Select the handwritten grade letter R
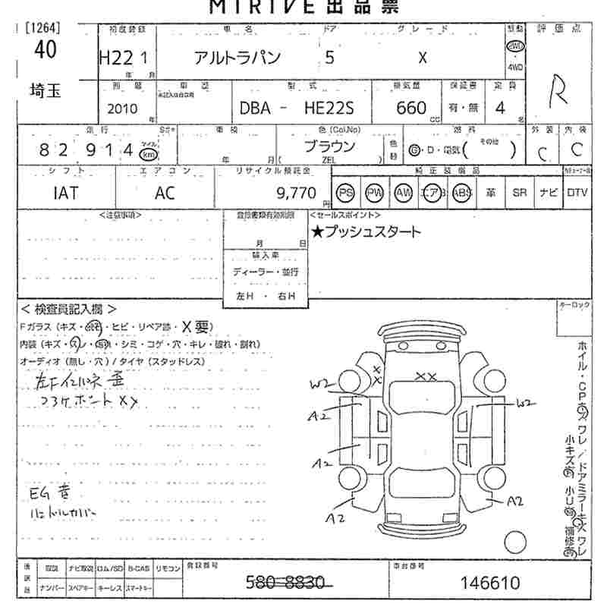tap(558, 90)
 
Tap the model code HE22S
tap(328, 109)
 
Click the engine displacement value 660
tap(411, 109)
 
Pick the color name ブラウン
tap(329, 147)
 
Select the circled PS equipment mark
tap(346, 193)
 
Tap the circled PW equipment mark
tap(374, 193)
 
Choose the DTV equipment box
tap(577, 193)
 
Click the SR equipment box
tap(519, 193)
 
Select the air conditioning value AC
tap(164, 193)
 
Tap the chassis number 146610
tap(491, 583)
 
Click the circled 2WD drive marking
tap(516, 45)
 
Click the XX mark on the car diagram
tap(426, 376)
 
